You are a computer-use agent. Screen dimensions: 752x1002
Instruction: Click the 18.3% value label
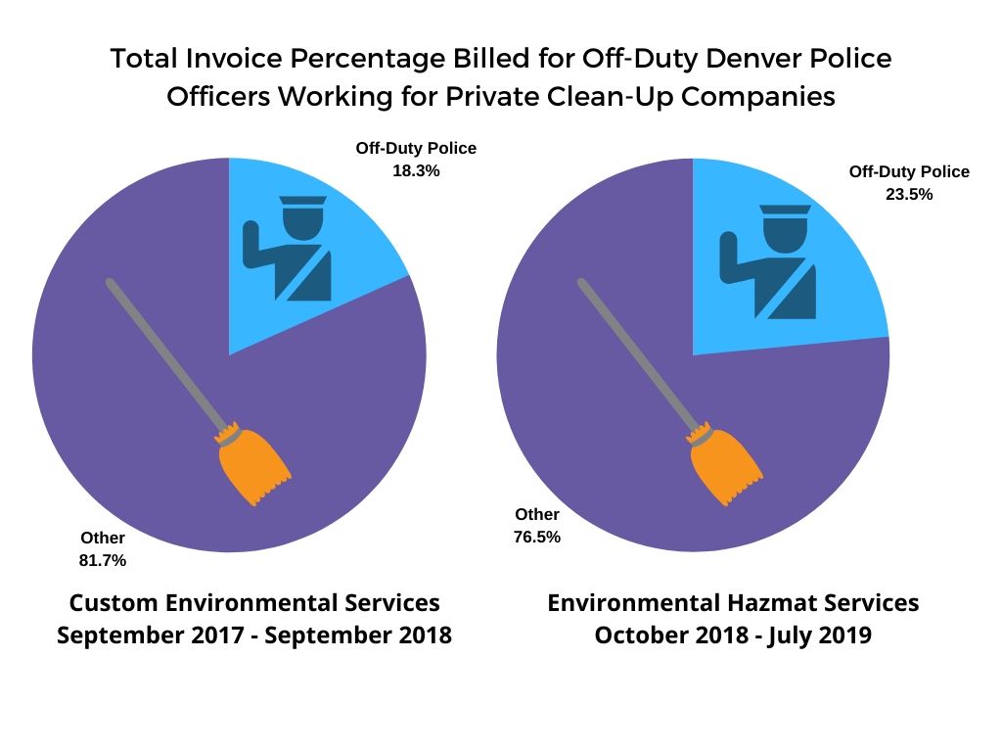click(x=416, y=170)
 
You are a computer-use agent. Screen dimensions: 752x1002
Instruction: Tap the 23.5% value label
click(x=909, y=194)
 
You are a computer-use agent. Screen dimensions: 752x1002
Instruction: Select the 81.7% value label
click(x=103, y=560)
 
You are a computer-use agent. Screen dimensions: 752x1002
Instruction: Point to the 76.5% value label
click(x=537, y=537)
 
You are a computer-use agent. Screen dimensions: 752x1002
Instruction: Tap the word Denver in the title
click(x=735, y=59)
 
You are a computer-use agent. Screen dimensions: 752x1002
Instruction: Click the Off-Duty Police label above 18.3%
click(x=416, y=149)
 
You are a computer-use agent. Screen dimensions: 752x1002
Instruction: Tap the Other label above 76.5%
click(x=537, y=515)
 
